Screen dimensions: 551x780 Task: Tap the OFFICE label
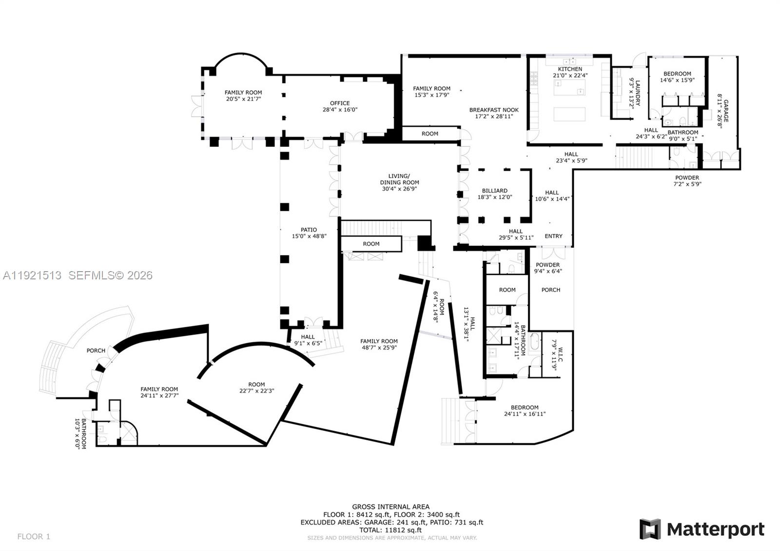(x=340, y=103)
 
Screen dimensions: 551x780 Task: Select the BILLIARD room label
(x=494, y=191)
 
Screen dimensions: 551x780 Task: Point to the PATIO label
(x=309, y=230)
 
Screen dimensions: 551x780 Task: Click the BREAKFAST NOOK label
(x=494, y=110)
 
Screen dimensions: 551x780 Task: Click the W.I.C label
(x=560, y=354)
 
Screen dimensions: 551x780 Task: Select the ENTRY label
(x=553, y=236)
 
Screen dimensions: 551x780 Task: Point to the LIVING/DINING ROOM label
(x=400, y=179)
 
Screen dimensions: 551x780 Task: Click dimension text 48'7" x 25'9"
(x=379, y=348)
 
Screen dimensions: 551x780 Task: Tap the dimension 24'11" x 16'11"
(x=525, y=414)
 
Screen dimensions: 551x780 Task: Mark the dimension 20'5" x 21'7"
(x=243, y=98)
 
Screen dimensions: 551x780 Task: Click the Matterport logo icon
(x=650, y=529)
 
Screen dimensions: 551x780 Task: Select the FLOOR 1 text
(x=34, y=536)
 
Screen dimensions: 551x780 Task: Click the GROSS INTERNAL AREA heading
(x=391, y=507)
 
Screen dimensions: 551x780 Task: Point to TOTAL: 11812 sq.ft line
(x=391, y=530)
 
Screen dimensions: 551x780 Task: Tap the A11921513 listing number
(x=32, y=275)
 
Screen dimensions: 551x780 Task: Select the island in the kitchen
(x=569, y=114)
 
